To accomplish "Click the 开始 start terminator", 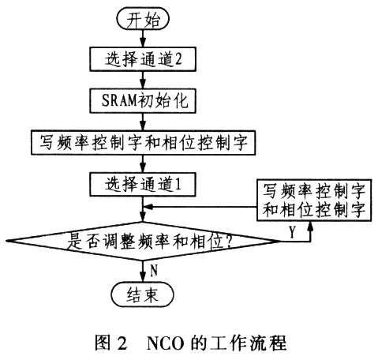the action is pos(143,19).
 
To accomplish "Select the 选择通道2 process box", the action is pos(143,59).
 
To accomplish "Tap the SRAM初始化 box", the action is pos(143,101).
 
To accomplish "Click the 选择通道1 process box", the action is pos(143,184).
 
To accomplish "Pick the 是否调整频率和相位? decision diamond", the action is pos(143,241).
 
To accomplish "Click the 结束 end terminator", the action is pos(143,294).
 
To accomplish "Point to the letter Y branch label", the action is pos(292,231).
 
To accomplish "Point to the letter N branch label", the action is pos(154,270).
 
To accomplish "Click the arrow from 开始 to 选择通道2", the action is pos(143,38).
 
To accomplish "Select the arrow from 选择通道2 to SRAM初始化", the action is pos(143,80).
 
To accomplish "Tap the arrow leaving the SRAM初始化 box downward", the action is pos(143,122).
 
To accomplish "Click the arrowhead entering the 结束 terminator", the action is pos(143,278).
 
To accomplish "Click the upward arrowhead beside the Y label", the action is pos(311,227).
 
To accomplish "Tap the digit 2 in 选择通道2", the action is pos(178,59).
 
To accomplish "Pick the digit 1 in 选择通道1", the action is pos(178,184).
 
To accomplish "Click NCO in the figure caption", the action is pos(165,343).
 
